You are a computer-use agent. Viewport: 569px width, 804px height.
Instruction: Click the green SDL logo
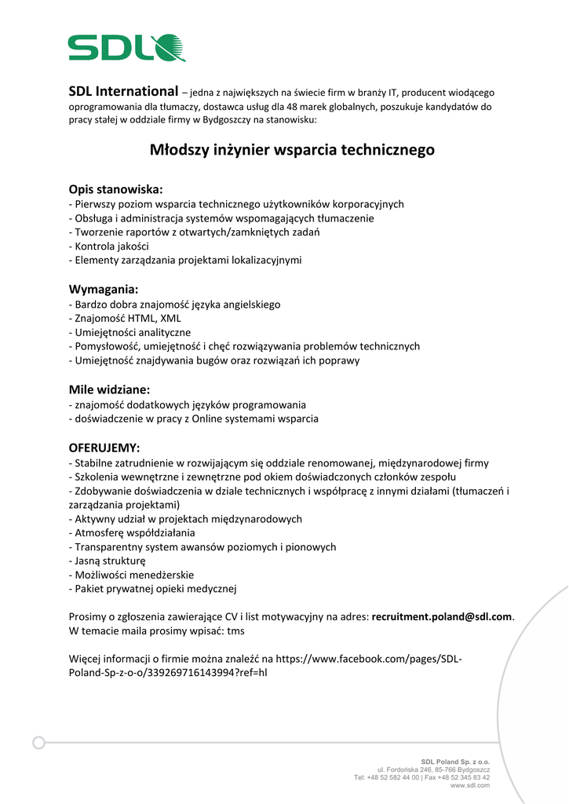tap(126, 48)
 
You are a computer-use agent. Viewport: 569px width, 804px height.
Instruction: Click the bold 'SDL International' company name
tap(123, 92)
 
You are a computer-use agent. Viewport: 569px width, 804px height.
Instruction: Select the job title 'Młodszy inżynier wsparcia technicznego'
tap(292, 149)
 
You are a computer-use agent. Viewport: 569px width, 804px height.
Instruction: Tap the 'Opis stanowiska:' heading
tap(115, 189)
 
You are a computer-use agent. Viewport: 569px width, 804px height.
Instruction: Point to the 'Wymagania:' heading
tap(104, 289)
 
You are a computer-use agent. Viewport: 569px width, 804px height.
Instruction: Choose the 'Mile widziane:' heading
tap(109, 389)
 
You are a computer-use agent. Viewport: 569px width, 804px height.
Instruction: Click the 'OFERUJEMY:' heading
tap(104, 448)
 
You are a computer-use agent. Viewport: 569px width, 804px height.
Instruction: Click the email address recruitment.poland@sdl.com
tap(442, 617)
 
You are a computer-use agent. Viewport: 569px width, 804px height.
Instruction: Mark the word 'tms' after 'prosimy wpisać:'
tap(235, 631)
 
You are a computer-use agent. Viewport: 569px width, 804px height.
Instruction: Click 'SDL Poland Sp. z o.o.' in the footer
tap(455, 762)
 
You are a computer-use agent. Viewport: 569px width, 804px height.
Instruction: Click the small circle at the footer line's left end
tap(38, 743)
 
